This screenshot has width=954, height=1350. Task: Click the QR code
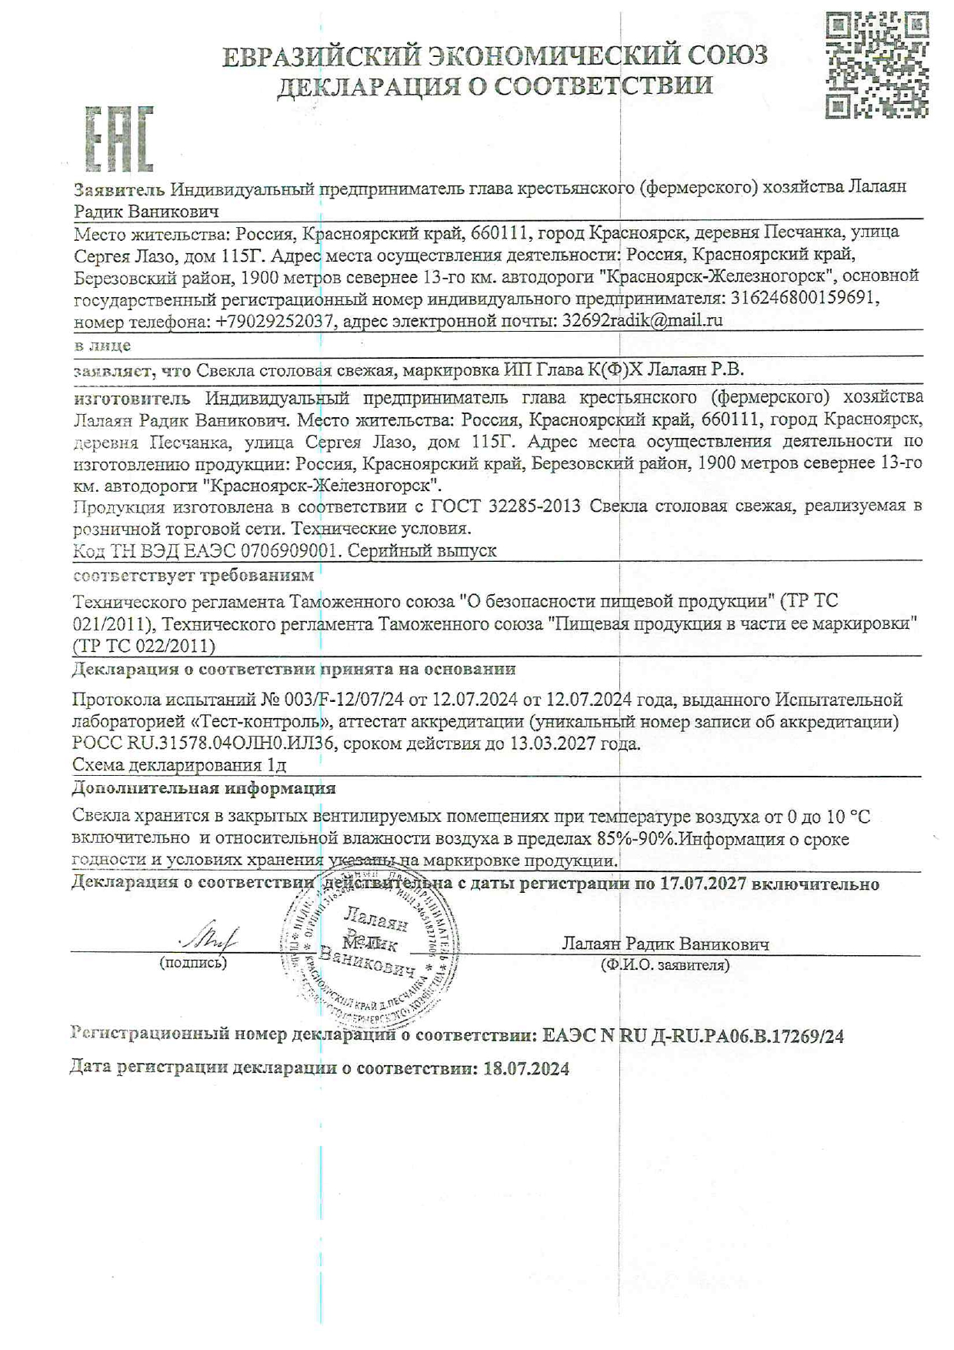[x=876, y=66]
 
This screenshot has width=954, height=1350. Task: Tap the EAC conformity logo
[x=118, y=139]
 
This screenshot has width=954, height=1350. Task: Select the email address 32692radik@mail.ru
[x=642, y=320]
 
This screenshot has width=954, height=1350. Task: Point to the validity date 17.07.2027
[x=703, y=884]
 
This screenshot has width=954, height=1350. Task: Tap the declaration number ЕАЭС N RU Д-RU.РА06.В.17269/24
[x=692, y=1037]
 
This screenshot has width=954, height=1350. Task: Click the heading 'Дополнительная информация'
[x=204, y=788]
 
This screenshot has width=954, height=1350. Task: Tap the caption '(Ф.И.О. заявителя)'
[x=665, y=965]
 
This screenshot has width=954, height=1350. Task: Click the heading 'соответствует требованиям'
[x=193, y=575]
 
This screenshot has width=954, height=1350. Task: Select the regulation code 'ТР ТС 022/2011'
[x=144, y=646]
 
